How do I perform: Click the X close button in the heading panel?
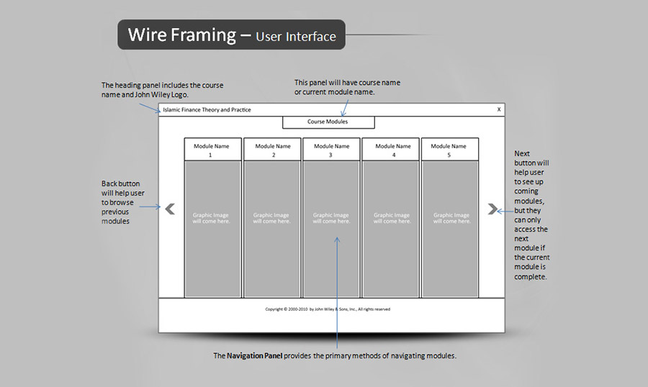498,109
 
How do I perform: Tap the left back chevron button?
170,209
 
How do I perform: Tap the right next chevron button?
492,209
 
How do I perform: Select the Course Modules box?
328,122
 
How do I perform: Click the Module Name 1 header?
212,150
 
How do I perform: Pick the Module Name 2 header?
273,150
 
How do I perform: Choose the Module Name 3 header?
331,150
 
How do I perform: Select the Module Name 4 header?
393,150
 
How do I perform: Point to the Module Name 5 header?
449,150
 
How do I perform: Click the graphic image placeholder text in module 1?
212,218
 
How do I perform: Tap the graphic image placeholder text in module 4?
392,218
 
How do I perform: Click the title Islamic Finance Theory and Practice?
207,110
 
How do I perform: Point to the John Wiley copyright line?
328,309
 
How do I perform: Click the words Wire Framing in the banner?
182,35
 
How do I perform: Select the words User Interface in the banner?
296,36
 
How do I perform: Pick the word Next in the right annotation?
523,154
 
